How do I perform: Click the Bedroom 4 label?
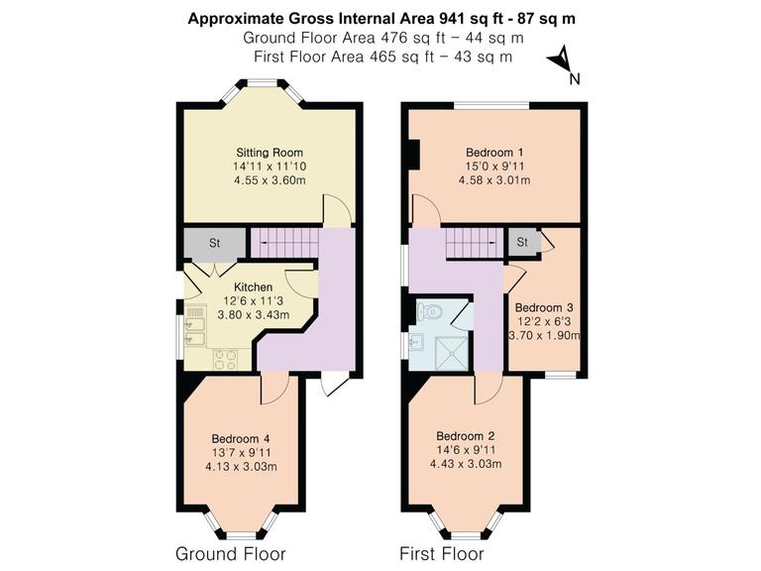240,439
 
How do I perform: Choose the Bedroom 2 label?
465,436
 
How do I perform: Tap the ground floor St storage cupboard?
213,243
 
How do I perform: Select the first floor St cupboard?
521,241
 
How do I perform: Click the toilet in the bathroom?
430,312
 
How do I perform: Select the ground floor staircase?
286,241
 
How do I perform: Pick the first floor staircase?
472,241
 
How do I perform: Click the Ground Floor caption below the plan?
230,553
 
